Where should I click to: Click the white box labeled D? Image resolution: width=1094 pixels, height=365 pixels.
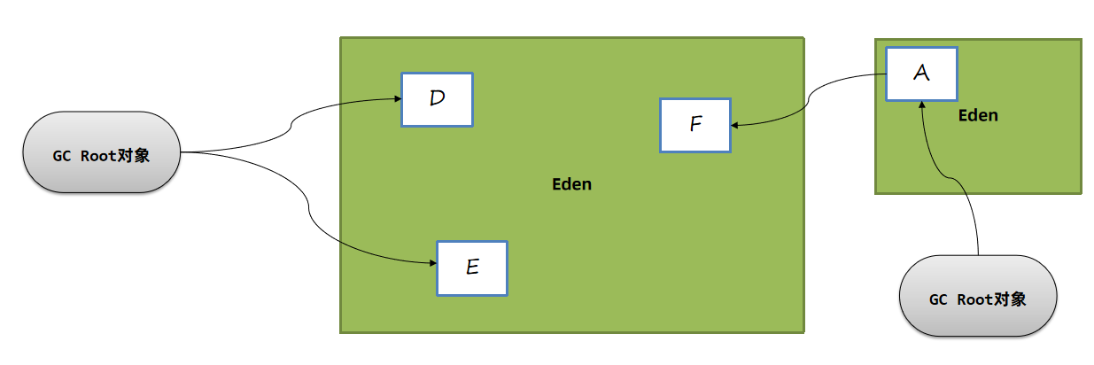437,98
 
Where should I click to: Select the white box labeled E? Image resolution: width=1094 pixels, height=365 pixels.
471,268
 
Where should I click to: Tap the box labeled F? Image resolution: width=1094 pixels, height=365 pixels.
694,125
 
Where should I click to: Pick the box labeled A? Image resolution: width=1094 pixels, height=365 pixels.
921,74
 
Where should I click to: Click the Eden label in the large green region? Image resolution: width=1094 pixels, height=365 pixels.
571,184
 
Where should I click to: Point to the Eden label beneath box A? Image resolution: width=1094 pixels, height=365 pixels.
978,115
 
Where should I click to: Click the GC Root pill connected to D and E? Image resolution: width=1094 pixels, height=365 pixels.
100,151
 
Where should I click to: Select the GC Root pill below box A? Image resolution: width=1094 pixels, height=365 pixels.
977,296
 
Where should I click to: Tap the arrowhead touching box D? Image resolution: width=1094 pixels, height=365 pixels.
396,98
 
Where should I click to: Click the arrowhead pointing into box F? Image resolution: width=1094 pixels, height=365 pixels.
736,125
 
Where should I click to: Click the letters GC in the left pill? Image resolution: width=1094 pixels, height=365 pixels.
61,156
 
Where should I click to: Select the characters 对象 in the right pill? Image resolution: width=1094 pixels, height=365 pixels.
1011,299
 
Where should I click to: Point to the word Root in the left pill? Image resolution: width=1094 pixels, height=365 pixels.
97,156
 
